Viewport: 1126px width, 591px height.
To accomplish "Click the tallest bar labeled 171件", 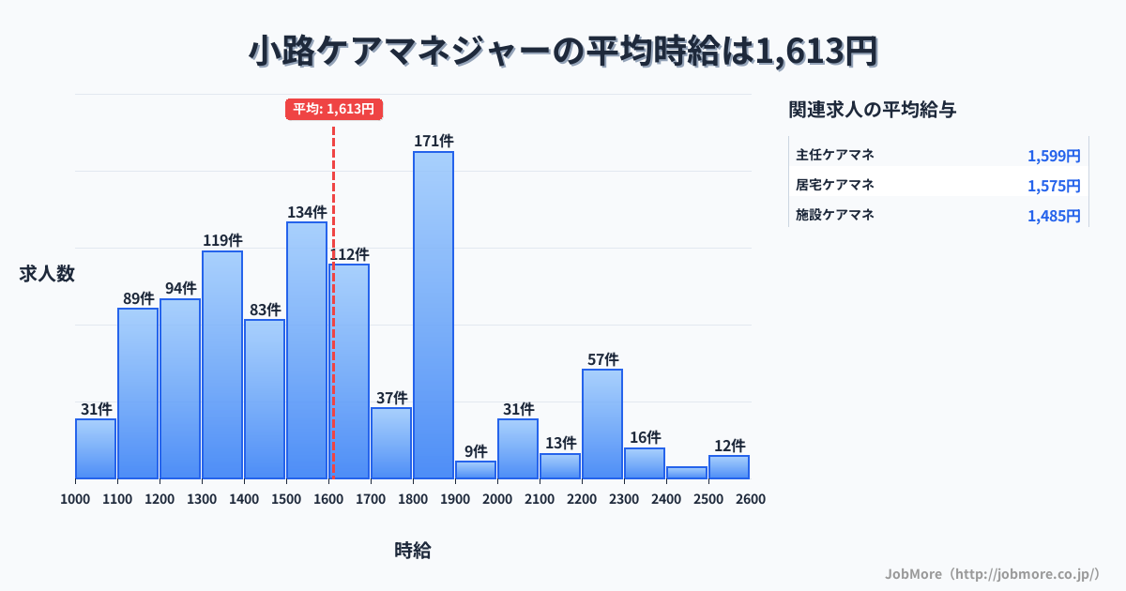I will click(x=434, y=314).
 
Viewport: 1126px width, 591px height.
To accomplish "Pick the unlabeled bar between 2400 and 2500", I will click(x=687, y=473).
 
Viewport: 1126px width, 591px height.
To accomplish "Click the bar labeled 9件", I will click(x=476, y=469).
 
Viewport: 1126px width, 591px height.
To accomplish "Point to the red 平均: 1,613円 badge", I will click(x=334, y=109).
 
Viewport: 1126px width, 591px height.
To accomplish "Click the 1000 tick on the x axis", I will click(x=75, y=499).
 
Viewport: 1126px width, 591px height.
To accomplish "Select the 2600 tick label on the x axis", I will click(x=751, y=499).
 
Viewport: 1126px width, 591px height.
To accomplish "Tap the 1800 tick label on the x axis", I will click(x=412, y=499).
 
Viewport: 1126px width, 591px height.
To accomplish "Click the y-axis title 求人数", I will click(x=47, y=274).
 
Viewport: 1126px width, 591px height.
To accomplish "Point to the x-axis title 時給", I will click(x=413, y=551).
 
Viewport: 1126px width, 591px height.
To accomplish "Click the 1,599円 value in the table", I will click(x=1054, y=156).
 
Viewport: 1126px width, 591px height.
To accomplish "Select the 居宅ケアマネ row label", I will click(x=835, y=185).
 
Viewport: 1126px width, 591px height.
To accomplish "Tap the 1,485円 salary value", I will click(x=1054, y=216).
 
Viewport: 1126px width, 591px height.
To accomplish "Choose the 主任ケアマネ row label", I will click(x=835, y=155).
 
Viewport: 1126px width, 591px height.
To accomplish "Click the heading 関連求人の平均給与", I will click(x=873, y=110).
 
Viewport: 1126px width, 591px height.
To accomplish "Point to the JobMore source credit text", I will click(x=992, y=573).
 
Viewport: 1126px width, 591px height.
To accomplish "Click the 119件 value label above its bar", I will click(x=222, y=240).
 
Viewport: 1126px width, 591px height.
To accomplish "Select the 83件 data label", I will click(x=265, y=310).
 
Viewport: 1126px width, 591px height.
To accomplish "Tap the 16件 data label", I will click(x=645, y=437).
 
